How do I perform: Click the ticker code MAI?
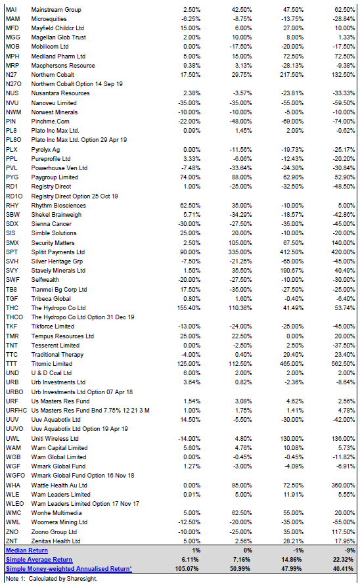pos(11,10)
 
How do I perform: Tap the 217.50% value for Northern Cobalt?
pos(292,75)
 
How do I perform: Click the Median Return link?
pos(27,551)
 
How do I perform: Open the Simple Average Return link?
pos(39,560)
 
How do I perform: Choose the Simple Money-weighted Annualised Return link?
pos(69,569)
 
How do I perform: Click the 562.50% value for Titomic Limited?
pos(343,364)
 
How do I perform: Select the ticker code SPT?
pos(12,252)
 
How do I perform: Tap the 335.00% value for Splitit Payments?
pos(240,252)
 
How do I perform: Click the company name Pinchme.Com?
pos(50,122)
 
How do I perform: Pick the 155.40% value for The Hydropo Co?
pos(189,308)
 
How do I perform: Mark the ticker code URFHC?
pos(16,411)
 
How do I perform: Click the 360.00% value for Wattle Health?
pos(343,485)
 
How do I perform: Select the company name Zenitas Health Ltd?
pos(56,541)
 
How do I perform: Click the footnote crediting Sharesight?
pos(52,579)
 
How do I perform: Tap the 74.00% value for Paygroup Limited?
pos(191,177)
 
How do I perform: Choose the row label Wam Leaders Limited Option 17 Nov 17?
pos(85,504)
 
